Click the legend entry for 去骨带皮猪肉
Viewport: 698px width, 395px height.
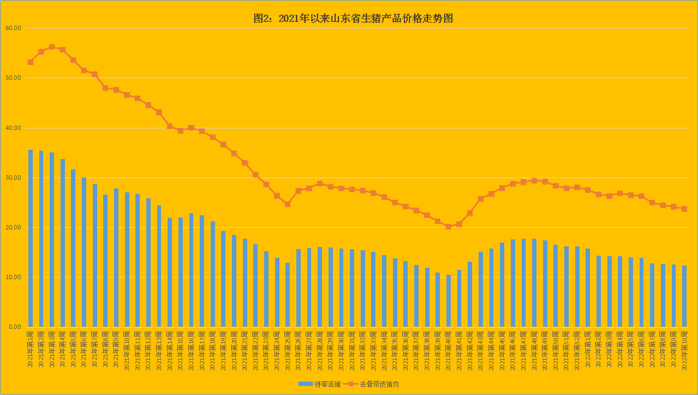click(x=379, y=385)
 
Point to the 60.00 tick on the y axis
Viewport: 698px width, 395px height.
click(x=13, y=28)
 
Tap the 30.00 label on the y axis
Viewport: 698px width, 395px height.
click(x=13, y=178)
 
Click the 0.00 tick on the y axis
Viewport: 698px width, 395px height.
click(x=14, y=327)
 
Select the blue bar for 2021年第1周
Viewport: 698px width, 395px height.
click(x=31, y=238)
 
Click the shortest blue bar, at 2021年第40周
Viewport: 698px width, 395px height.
click(x=449, y=301)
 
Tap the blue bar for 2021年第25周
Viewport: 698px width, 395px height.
click(x=288, y=295)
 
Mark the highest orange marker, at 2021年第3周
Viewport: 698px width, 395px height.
click(x=52, y=47)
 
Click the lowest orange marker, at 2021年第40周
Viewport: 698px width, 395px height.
click(x=449, y=226)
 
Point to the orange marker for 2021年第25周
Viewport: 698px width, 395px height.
click(x=288, y=204)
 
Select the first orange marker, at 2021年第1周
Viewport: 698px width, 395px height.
click(x=31, y=62)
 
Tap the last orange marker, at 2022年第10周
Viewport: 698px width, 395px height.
click(x=684, y=209)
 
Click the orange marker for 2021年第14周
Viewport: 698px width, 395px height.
click(x=170, y=126)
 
